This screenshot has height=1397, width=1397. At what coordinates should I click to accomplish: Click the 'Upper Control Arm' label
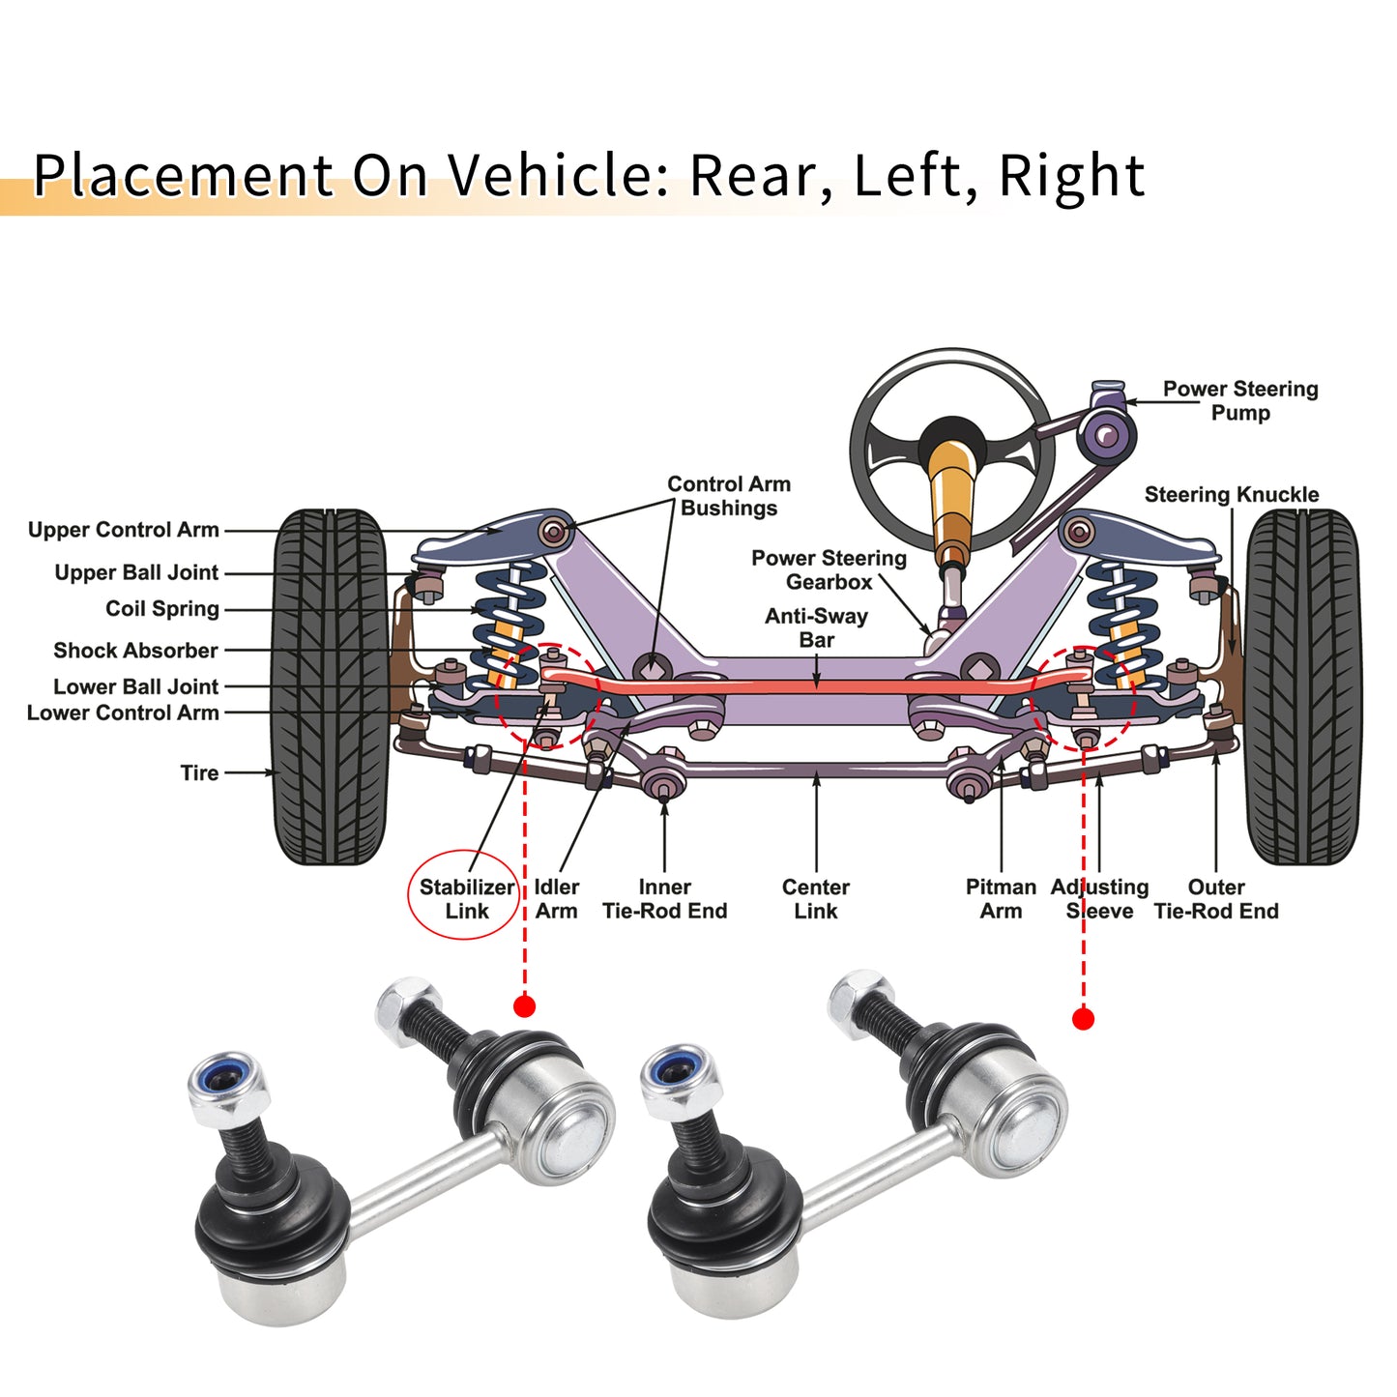[123, 530]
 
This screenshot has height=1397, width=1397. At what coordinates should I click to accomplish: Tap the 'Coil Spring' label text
[162, 608]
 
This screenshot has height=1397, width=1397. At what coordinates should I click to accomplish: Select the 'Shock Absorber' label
[135, 651]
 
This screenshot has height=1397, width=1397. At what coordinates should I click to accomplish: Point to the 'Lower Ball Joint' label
[135, 686]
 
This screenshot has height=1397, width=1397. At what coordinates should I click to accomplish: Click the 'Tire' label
[199, 772]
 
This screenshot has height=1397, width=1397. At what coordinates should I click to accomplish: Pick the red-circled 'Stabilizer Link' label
[467, 899]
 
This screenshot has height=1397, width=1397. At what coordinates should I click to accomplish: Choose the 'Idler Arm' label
[556, 899]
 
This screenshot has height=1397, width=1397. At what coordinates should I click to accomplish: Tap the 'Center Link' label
[816, 899]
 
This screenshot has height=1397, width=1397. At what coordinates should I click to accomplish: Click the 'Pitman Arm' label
[1001, 899]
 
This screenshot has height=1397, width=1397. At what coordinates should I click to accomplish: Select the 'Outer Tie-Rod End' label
[1216, 899]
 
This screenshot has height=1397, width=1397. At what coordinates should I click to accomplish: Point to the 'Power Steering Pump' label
[1240, 401]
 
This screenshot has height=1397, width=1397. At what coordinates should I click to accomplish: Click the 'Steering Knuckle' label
[1232, 494]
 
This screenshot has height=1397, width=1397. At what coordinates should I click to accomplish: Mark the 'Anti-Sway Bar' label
[816, 627]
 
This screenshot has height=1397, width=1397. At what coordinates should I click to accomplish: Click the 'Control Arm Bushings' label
[729, 496]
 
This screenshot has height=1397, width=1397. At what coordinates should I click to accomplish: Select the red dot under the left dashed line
[524, 1006]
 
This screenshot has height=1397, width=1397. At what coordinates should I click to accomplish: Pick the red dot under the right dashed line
[1083, 1019]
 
